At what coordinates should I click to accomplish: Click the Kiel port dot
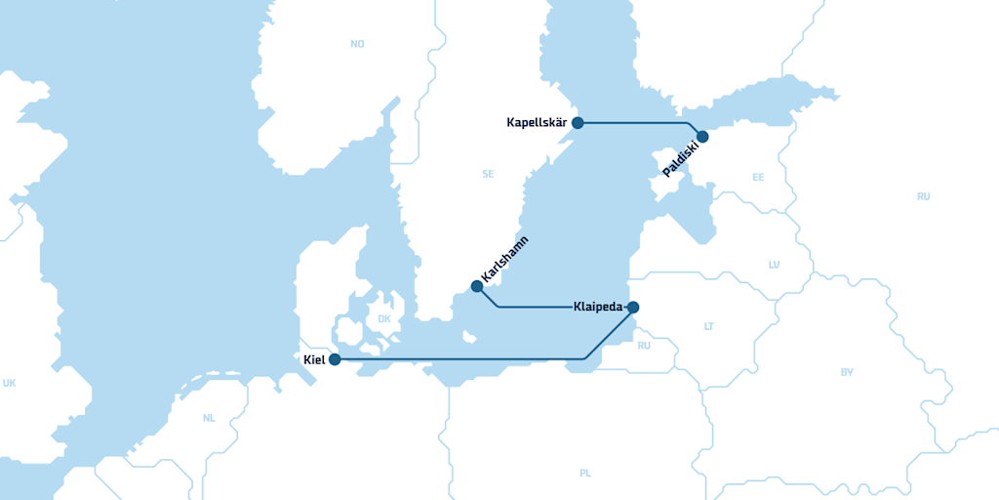[x=335, y=359]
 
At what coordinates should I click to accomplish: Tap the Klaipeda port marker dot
[x=633, y=308]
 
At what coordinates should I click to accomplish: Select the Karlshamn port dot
[x=476, y=286]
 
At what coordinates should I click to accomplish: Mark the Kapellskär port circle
[x=578, y=123]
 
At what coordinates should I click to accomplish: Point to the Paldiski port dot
[x=702, y=137]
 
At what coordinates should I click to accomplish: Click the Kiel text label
[x=314, y=359]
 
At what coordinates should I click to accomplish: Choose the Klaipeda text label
[x=598, y=308]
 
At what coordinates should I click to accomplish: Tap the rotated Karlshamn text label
[x=504, y=261]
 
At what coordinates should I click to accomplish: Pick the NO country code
[x=357, y=44]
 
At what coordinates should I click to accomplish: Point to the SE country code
[x=488, y=174]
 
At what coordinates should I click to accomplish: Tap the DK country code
[x=383, y=319]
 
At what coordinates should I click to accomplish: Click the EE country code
[x=758, y=178]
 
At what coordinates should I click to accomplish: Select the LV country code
[x=775, y=265]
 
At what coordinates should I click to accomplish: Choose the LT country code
[x=709, y=326]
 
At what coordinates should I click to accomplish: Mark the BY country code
[x=847, y=372]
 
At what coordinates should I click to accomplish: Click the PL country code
[x=585, y=474]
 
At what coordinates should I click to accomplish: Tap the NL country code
[x=209, y=418]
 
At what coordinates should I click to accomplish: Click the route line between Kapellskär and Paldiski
[x=634, y=123]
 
